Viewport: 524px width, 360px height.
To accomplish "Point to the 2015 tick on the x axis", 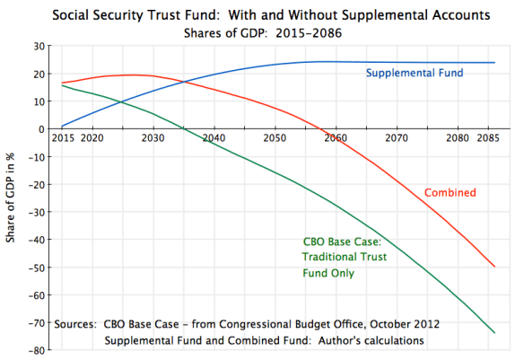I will pyautogui.click(x=62, y=139).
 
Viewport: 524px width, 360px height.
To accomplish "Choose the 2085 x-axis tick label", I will pyautogui.click(x=488, y=139).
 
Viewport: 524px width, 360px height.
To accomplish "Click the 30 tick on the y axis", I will pyautogui.click(x=39, y=47).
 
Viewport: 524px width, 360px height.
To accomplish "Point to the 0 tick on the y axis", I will pyautogui.click(x=43, y=129).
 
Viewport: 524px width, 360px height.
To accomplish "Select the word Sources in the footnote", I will pyautogui.click(x=77, y=323).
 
